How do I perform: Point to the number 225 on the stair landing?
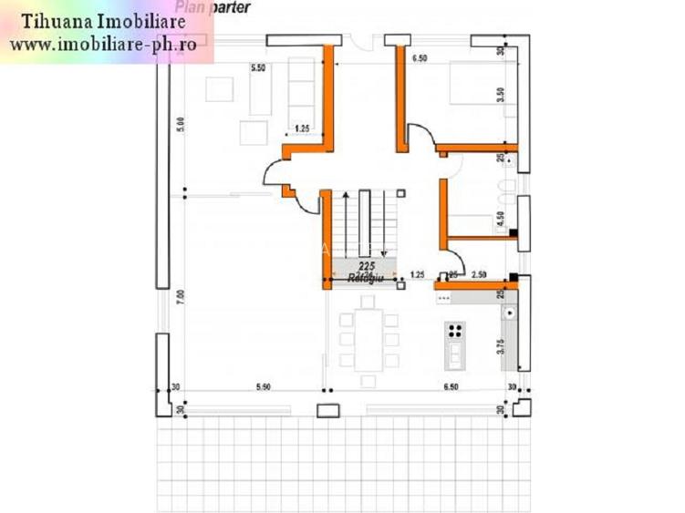pyautogui.click(x=367, y=265)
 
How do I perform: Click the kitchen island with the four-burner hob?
pyautogui.click(x=454, y=344)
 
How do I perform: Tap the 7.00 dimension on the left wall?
pyautogui.click(x=181, y=295)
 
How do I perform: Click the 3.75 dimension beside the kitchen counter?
pyautogui.click(x=500, y=347)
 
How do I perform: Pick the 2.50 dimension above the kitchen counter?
pyautogui.click(x=479, y=274)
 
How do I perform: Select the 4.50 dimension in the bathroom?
pyautogui.click(x=500, y=220)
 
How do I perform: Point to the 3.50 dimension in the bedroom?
pyautogui.click(x=501, y=95)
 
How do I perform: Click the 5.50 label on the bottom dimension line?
pyautogui.click(x=263, y=387)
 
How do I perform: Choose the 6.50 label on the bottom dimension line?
pyautogui.click(x=451, y=387)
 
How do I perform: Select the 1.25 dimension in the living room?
pyautogui.click(x=301, y=128)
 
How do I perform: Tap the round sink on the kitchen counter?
pyautogui.click(x=510, y=312)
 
